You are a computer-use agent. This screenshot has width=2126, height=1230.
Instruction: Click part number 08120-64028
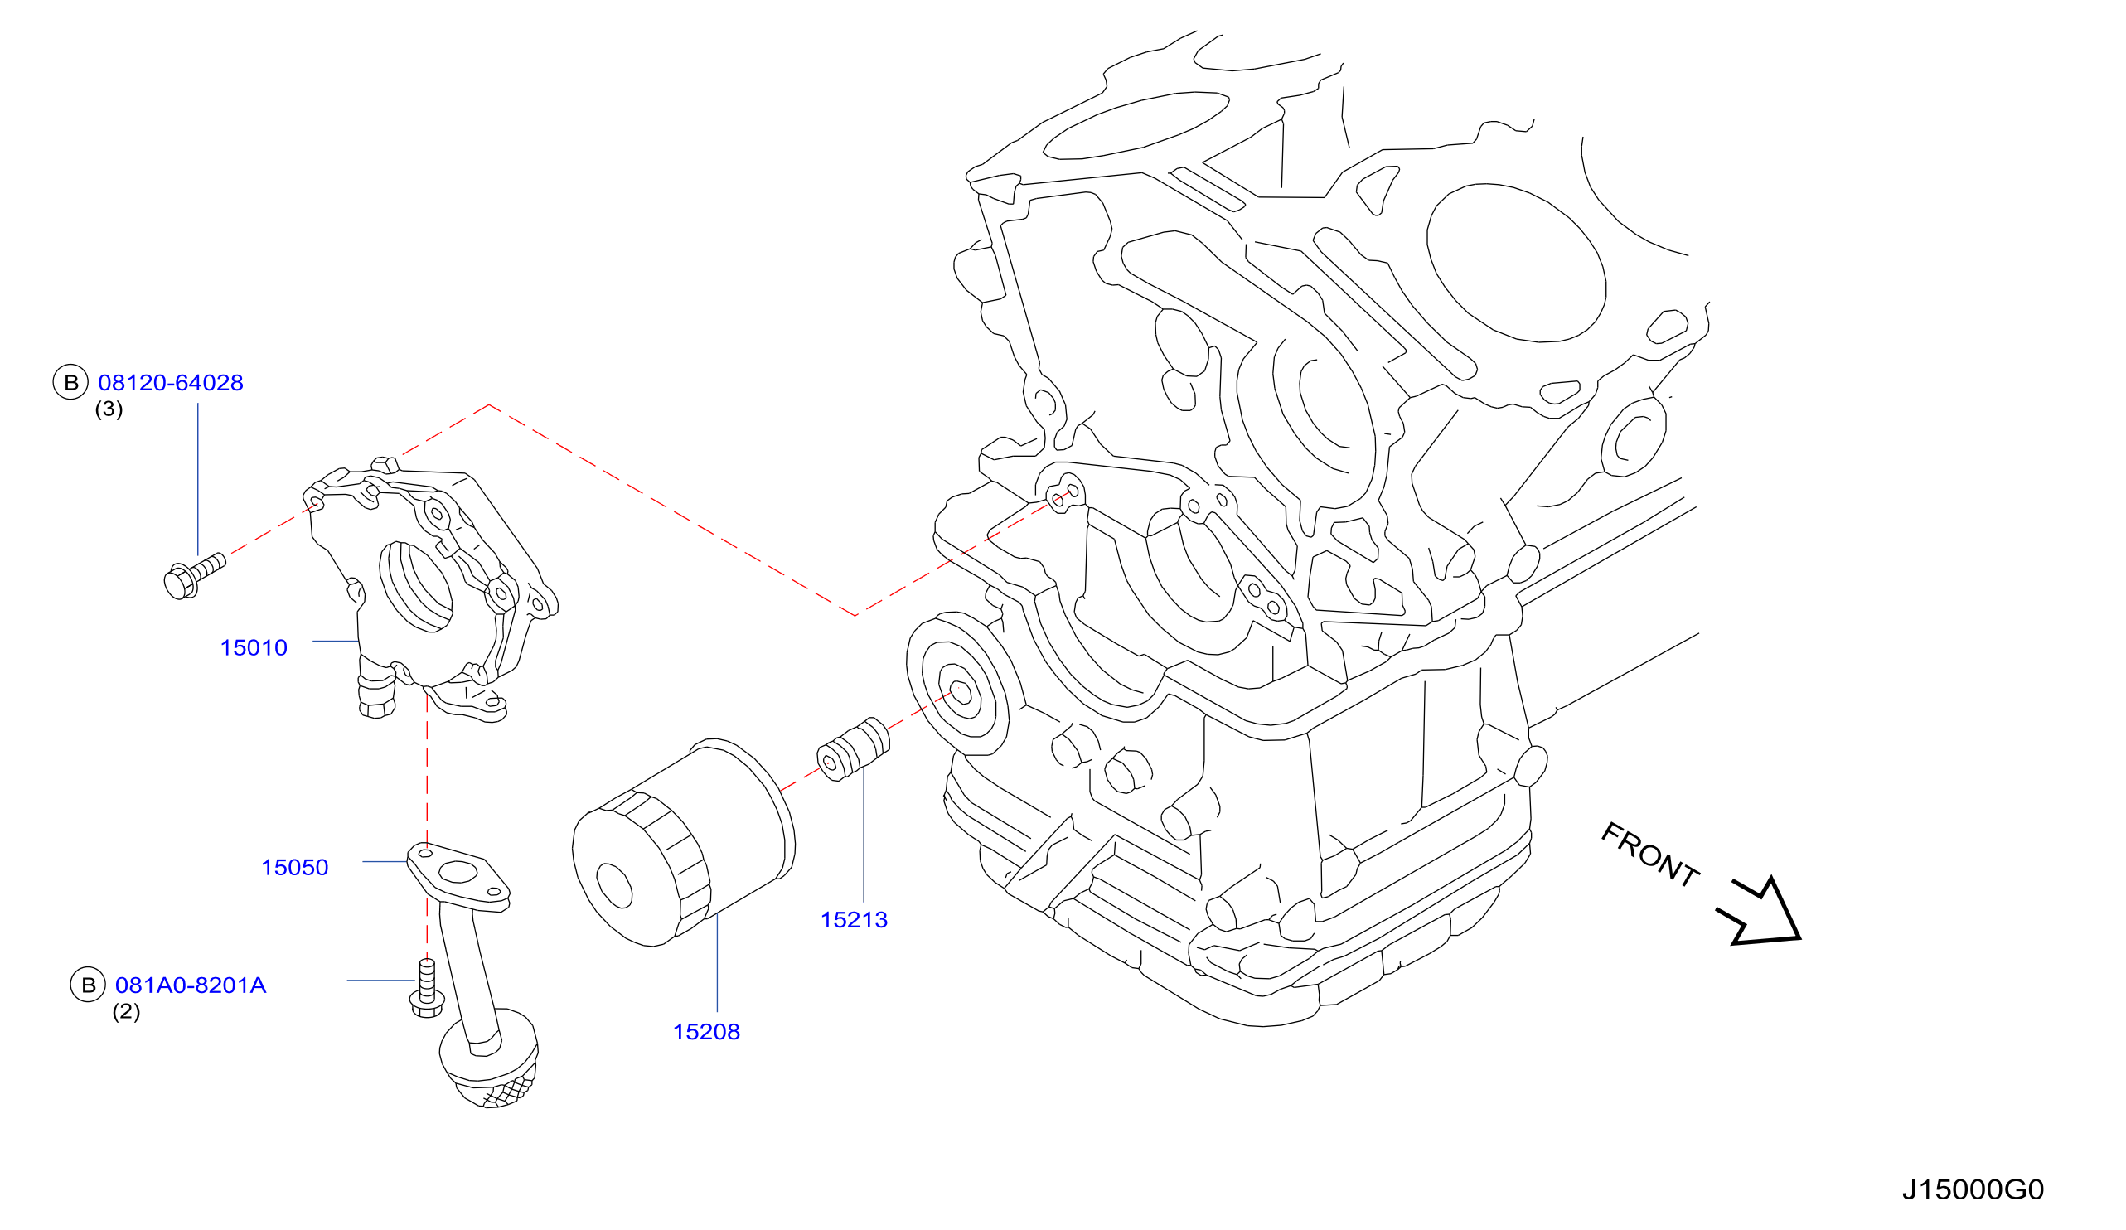(x=171, y=383)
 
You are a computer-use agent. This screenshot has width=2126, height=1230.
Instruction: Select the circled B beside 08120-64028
(x=71, y=383)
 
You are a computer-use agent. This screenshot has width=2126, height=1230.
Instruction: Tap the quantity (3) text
(x=109, y=409)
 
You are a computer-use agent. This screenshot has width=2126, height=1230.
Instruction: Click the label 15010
(x=253, y=648)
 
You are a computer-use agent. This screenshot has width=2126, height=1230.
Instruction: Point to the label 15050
(x=294, y=867)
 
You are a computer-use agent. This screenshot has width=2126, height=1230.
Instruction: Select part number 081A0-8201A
(x=191, y=985)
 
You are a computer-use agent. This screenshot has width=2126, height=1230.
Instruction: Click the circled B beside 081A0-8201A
(x=88, y=985)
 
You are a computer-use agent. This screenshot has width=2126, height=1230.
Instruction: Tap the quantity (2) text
(x=127, y=1011)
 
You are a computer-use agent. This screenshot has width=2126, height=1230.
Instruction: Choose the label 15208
(x=706, y=1032)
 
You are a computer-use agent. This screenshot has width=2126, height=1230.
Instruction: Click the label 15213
(x=854, y=919)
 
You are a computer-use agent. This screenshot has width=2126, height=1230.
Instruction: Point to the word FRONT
(x=1650, y=855)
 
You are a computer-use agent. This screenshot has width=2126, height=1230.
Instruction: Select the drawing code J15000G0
(x=1973, y=1189)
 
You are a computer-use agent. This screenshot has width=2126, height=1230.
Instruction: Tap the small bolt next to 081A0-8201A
(x=427, y=988)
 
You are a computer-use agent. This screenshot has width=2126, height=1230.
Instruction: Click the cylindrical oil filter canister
(x=683, y=843)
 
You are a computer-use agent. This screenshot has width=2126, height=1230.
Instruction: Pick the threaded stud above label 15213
(x=853, y=749)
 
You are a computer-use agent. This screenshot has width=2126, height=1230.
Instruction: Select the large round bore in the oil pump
(x=416, y=585)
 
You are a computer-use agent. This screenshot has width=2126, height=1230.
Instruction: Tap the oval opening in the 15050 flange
(x=458, y=871)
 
